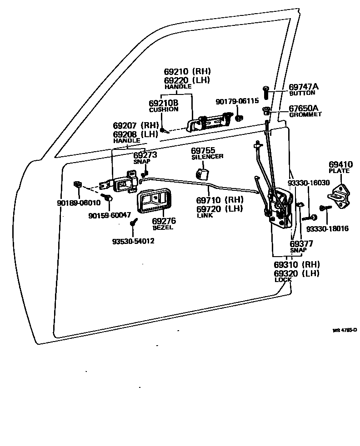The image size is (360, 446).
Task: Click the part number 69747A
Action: coord(304,87)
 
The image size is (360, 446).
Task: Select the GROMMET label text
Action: coord(305,115)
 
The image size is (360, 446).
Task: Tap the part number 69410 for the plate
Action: coord(340,164)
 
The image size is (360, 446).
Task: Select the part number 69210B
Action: coord(163,103)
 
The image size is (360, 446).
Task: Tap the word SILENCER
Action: coord(207,157)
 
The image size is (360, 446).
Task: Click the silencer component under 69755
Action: coord(202,174)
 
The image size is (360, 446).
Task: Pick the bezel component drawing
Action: coord(152,202)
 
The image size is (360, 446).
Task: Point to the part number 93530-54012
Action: coord(133,241)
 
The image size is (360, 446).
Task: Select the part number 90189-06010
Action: coord(78,203)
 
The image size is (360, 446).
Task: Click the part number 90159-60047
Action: coord(109,214)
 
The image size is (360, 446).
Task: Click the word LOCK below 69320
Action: coord(283,280)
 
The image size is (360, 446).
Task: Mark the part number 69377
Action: coord(301,243)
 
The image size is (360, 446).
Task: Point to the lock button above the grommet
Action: coord(266,93)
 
